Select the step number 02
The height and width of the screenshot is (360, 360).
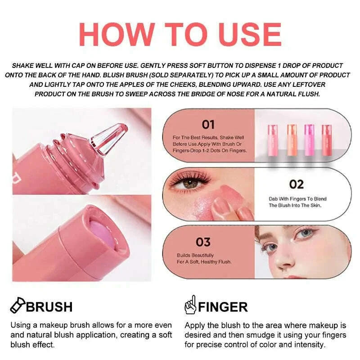click(x=296, y=184)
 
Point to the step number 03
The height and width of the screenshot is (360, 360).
click(x=202, y=242)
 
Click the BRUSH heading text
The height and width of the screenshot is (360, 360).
click(x=49, y=307)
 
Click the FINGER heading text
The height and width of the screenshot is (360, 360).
click(x=223, y=307)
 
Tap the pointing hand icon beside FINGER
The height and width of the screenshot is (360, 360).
click(x=190, y=306)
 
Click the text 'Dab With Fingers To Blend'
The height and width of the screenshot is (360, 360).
click(x=297, y=198)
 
